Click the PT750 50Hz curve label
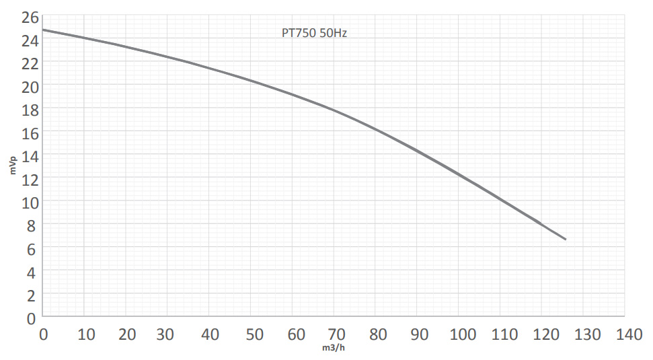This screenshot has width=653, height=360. [x=314, y=32]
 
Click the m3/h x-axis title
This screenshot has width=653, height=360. [x=334, y=348]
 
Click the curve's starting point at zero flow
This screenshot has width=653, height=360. [x=43, y=30]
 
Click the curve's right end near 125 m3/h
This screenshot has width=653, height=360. [x=565, y=239]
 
